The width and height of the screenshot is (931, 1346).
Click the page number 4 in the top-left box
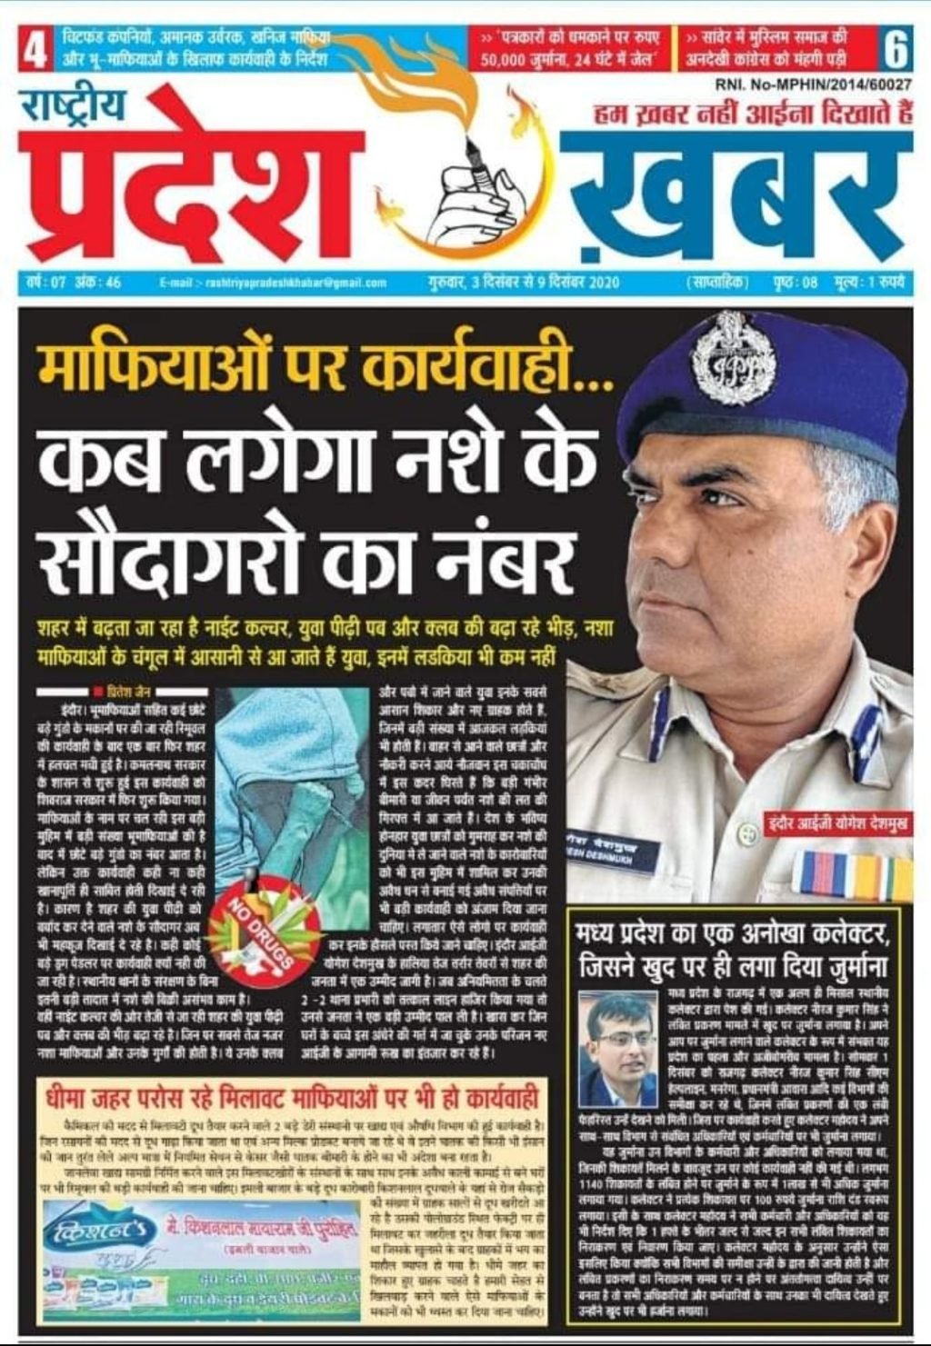click(x=35, y=50)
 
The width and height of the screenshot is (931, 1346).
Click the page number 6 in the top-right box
click(x=895, y=50)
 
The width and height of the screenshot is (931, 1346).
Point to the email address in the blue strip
click(x=273, y=283)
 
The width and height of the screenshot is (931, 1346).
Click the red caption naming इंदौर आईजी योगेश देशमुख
click(x=837, y=823)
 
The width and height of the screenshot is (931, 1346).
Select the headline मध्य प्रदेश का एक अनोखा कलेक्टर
click(x=736, y=932)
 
